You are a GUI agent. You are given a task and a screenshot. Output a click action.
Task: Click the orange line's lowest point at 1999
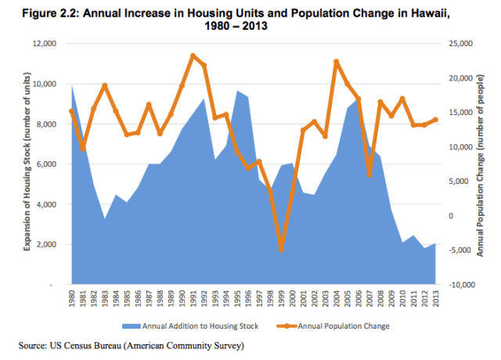tap(281, 250)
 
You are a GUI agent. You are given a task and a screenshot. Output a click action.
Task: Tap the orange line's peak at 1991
tap(193, 56)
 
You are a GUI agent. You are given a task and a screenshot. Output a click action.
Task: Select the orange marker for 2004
tap(336, 61)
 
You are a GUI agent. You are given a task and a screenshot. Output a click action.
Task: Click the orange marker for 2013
tap(435, 120)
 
